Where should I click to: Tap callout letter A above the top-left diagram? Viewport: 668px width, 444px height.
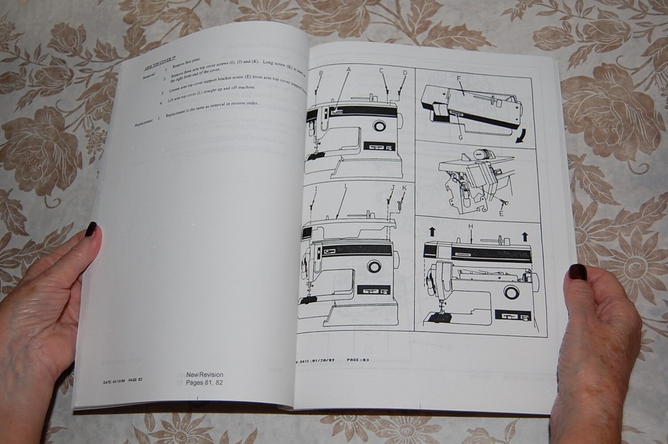click(349, 70)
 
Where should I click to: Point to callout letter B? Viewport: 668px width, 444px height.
click(321, 73)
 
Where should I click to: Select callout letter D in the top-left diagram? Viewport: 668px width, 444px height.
click(405, 72)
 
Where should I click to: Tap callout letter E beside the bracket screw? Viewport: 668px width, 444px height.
click(502, 214)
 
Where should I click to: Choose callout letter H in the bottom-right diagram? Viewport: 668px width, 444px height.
click(471, 228)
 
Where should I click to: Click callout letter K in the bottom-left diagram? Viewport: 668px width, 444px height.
click(404, 188)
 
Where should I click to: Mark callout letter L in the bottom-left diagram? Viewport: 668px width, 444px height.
click(345, 187)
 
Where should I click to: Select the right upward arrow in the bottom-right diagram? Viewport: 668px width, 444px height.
click(525, 237)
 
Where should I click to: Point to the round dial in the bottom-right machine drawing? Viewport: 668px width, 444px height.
click(511, 292)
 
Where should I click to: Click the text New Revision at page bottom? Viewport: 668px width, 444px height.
click(205, 374)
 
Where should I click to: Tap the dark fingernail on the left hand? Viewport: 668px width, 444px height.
click(90, 229)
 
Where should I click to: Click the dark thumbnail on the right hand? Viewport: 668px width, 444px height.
click(578, 272)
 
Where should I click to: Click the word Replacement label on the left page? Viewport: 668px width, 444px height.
click(146, 125)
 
